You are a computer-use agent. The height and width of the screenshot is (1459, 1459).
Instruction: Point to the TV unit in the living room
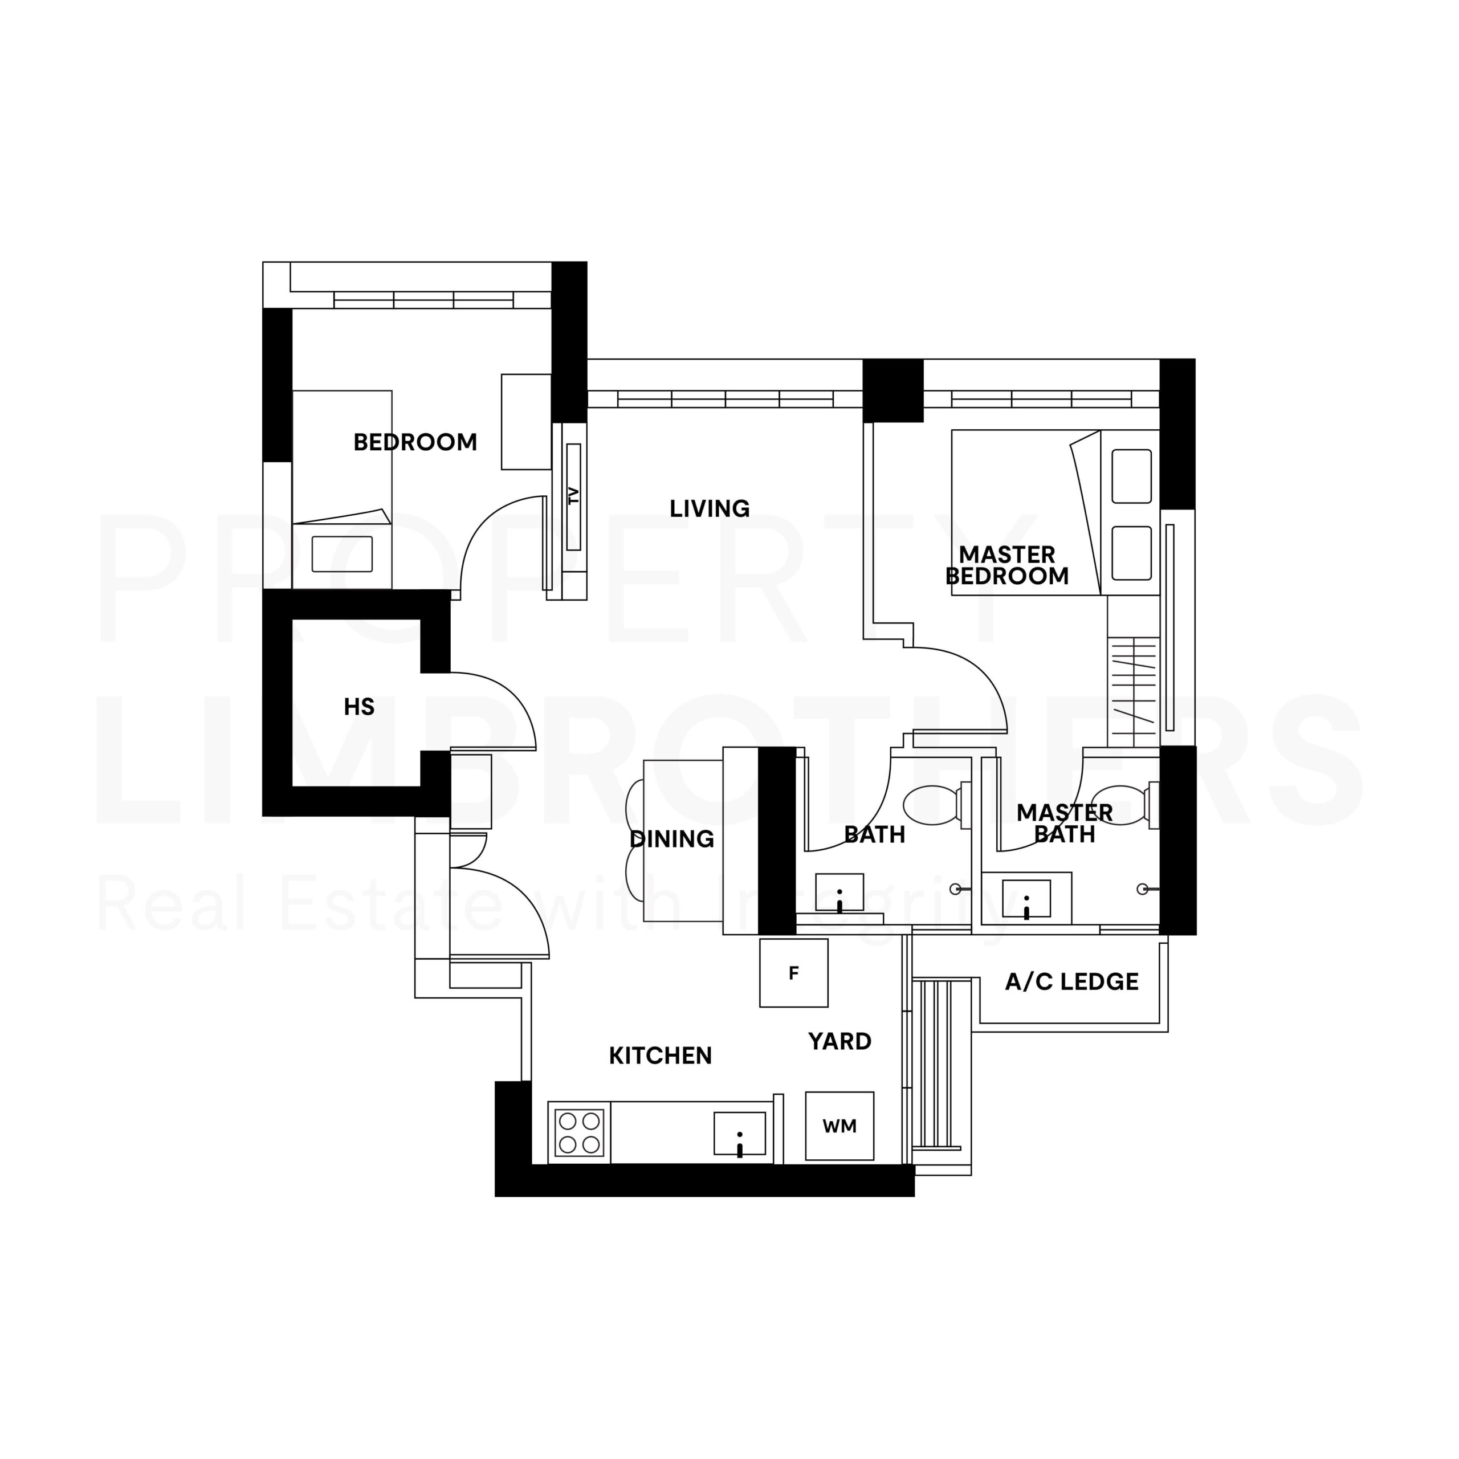573,496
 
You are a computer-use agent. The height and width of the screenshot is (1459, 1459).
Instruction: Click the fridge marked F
794,973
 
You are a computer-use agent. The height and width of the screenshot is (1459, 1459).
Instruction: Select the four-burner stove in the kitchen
579,1133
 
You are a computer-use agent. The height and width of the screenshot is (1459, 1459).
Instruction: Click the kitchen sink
739,1134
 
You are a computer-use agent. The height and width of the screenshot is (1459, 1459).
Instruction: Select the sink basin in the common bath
839,894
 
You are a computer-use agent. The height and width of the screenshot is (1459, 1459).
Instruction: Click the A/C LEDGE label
1071,982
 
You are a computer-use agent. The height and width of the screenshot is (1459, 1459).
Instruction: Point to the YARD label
839,1041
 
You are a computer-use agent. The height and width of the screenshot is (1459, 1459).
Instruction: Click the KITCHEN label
660,1055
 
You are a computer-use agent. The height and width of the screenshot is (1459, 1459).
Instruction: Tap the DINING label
671,838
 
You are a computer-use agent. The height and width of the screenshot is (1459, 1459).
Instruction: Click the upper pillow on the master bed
1131,476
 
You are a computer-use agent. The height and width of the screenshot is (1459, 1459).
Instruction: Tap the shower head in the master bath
1144,889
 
